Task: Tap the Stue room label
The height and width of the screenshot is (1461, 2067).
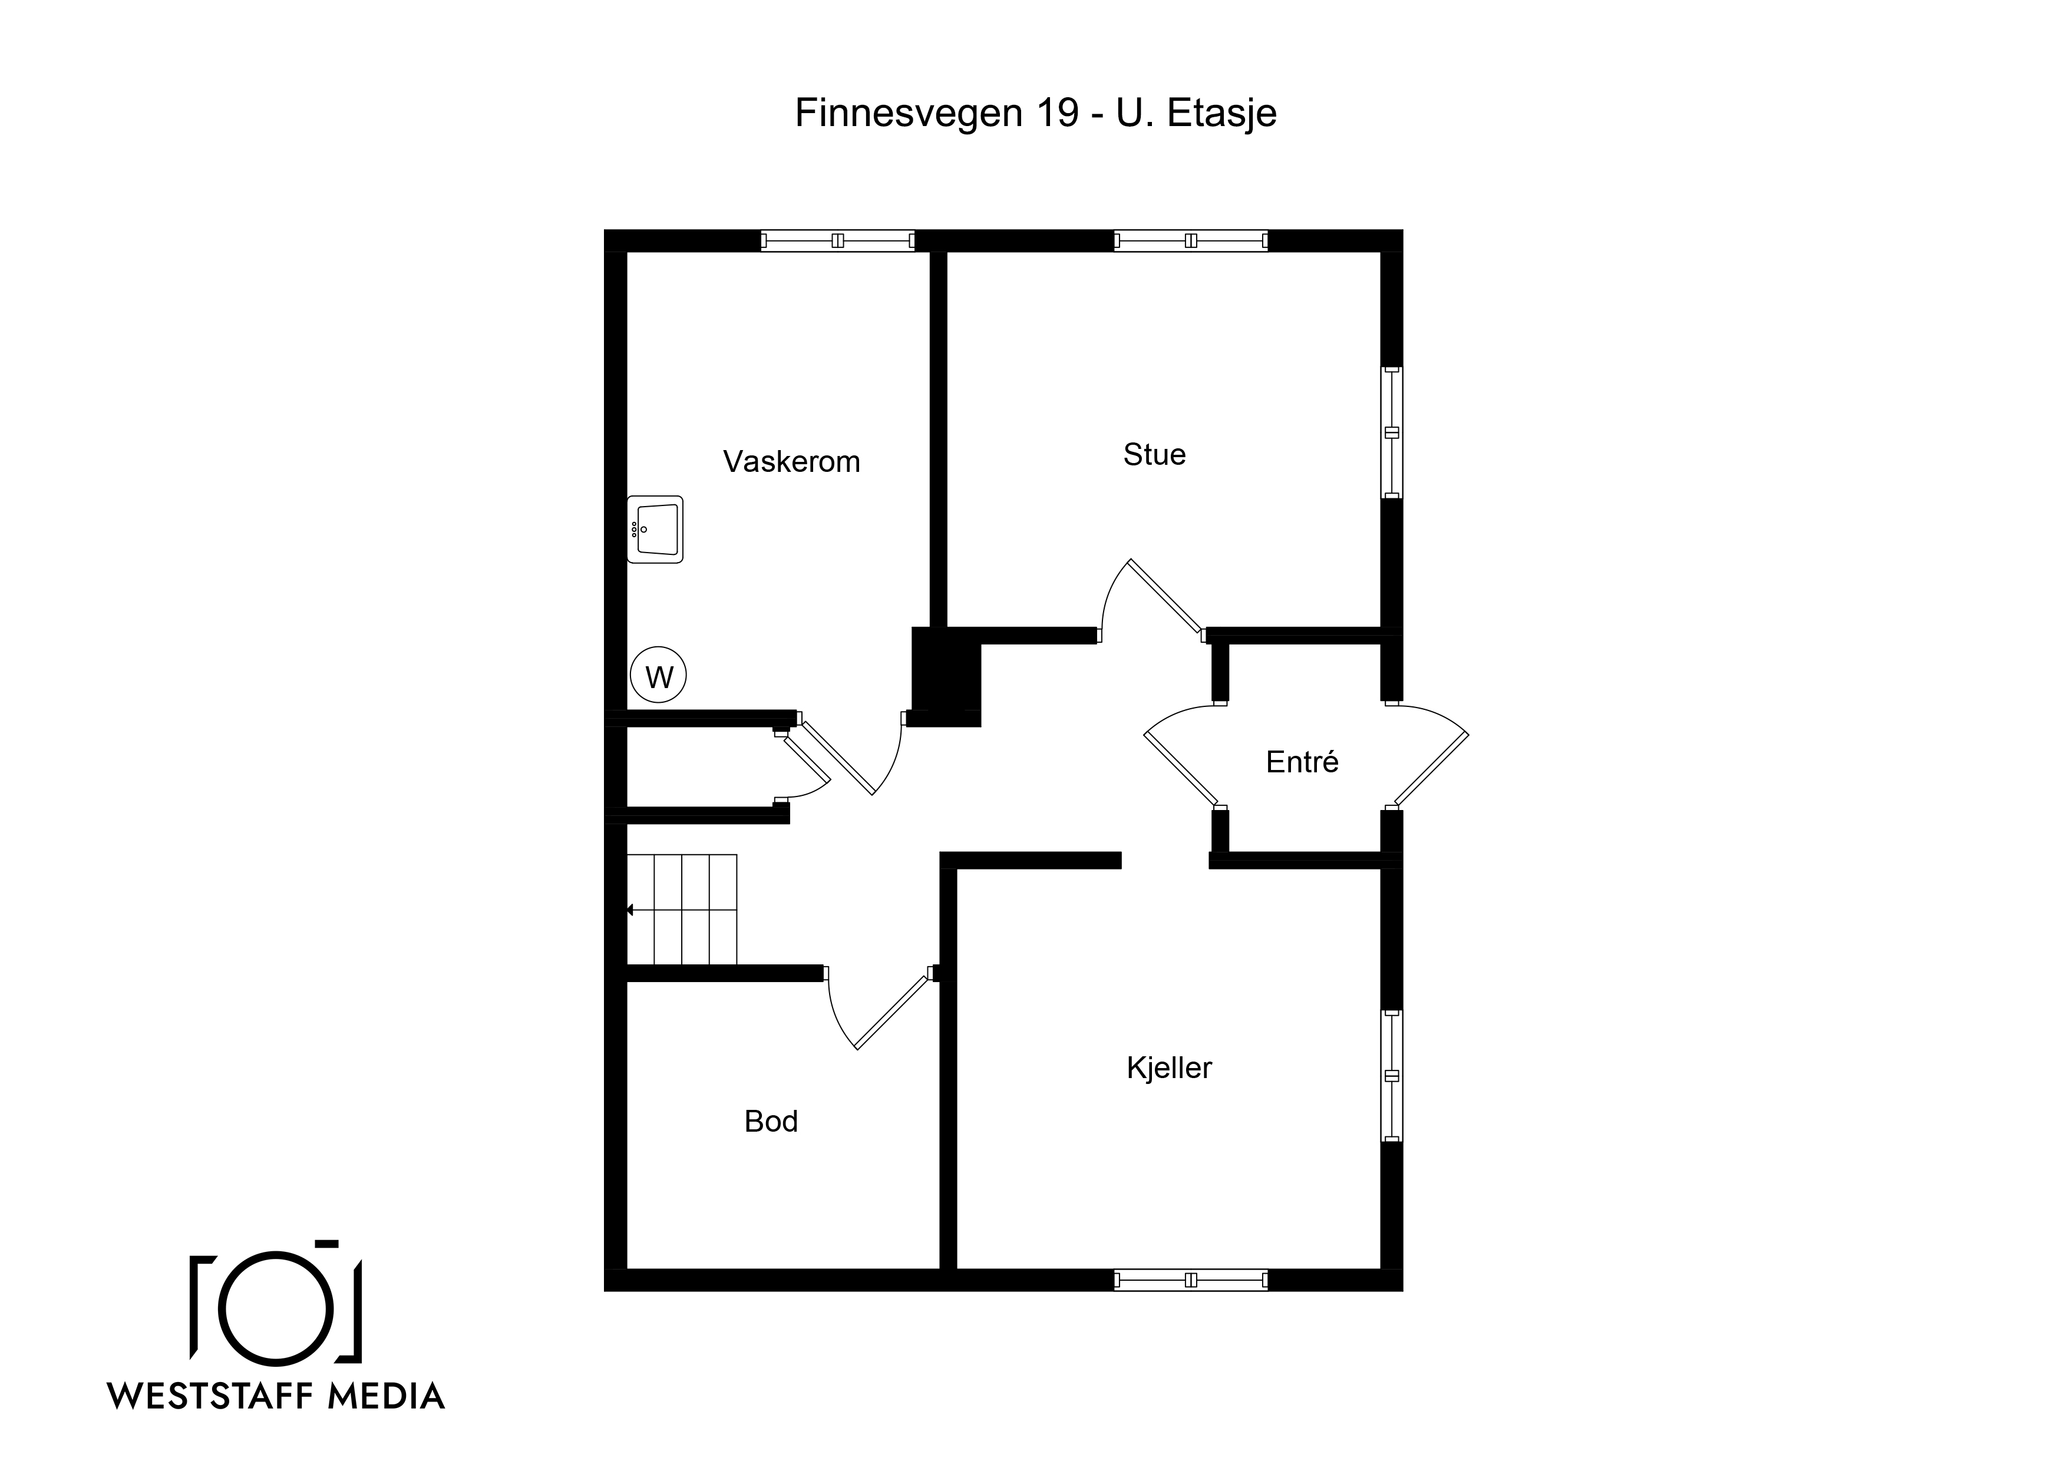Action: [1154, 455]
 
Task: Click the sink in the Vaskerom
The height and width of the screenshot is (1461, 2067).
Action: [655, 529]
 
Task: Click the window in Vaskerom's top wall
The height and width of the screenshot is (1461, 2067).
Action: [838, 240]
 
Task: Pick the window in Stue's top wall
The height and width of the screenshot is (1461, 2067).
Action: [1191, 240]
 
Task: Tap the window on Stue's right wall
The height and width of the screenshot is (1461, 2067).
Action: [1392, 432]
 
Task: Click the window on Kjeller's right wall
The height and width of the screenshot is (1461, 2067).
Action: [1392, 1076]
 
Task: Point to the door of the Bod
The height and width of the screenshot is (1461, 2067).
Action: [891, 1012]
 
